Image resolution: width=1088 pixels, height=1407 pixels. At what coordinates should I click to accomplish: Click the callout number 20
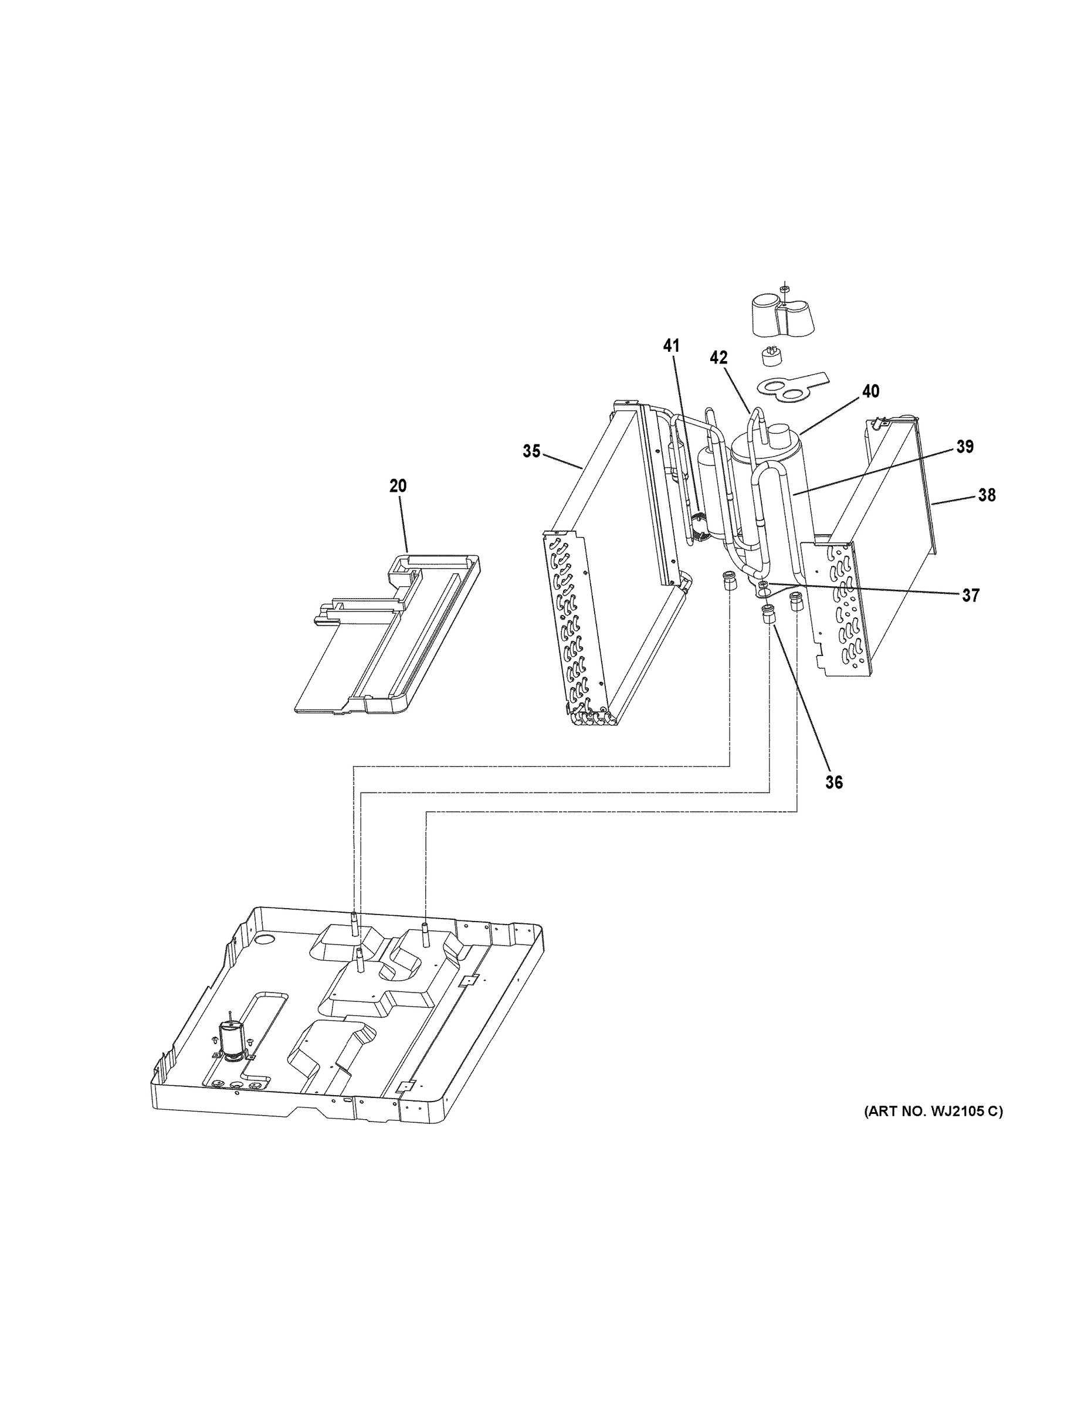coord(398,486)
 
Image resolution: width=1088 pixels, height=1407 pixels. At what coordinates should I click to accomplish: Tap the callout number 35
coord(531,451)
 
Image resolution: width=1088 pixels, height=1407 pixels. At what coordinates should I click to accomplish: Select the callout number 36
coord(833,782)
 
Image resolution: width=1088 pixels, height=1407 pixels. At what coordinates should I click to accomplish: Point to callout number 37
coord(970,595)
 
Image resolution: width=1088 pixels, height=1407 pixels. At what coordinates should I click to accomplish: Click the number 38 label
coord(986,495)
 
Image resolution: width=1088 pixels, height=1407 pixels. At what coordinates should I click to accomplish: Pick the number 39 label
coord(964,447)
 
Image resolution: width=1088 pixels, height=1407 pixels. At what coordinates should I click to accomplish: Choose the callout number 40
coord(870,391)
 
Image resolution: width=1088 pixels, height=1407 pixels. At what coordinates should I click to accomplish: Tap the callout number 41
coord(671,346)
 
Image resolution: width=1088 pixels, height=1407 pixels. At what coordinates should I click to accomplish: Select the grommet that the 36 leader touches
coord(769,613)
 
